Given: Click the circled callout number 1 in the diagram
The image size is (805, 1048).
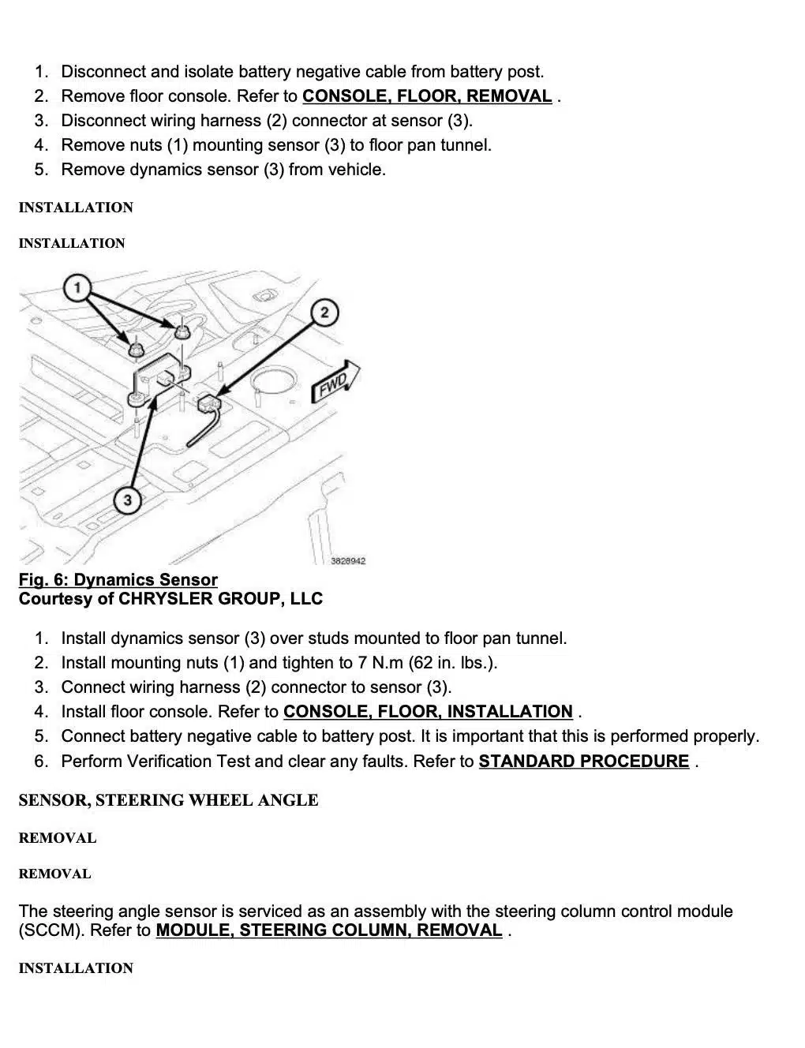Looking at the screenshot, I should pyautogui.click(x=77, y=287).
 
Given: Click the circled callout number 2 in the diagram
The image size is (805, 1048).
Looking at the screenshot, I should pyautogui.click(x=324, y=313).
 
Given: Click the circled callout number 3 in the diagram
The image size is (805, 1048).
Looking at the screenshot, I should pyautogui.click(x=127, y=500).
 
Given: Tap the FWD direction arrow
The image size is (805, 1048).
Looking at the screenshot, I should pyautogui.click(x=337, y=381).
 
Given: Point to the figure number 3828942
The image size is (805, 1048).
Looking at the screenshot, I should pyautogui.click(x=348, y=561).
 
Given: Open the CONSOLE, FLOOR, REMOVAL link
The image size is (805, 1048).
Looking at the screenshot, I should pyautogui.click(x=427, y=96).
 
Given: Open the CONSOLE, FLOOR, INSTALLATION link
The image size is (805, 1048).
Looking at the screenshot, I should pyautogui.click(x=428, y=712).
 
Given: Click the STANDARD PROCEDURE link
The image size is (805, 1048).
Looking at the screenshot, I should pyautogui.click(x=584, y=762).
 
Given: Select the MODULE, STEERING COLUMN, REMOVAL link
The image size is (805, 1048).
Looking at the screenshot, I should pyautogui.click(x=329, y=930).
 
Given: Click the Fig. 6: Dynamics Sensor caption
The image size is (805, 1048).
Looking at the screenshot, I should pyautogui.click(x=118, y=580).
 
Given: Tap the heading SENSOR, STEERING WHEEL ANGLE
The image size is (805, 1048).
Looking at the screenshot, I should pyautogui.click(x=168, y=800).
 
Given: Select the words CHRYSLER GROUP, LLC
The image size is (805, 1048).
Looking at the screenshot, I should pyautogui.click(x=220, y=599).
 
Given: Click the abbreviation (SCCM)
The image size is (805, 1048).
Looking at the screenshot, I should pyautogui.click(x=51, y=930).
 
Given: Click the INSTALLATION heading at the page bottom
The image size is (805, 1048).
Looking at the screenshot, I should pyautogui.click(x=76, y=968).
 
